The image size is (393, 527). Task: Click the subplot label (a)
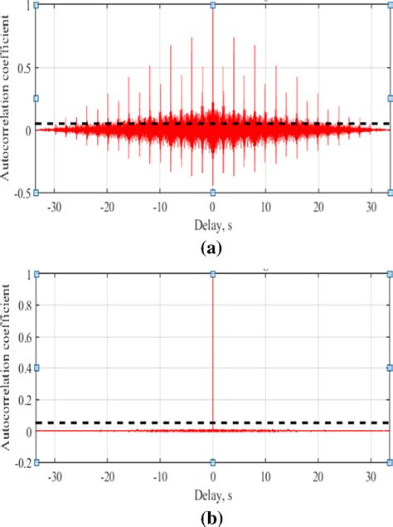click(x=213, y=246)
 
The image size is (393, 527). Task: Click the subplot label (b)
click(x=213, y=516)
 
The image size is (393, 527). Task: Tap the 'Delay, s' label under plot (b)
click(x=213, y=493)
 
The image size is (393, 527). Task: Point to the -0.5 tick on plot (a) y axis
click(x=22, y=193)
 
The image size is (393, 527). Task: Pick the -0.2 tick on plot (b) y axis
click(x=22, y=462)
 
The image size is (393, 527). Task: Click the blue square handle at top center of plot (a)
click(x=213, y=5)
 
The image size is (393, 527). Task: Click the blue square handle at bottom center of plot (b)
click(x=213, y=462)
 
